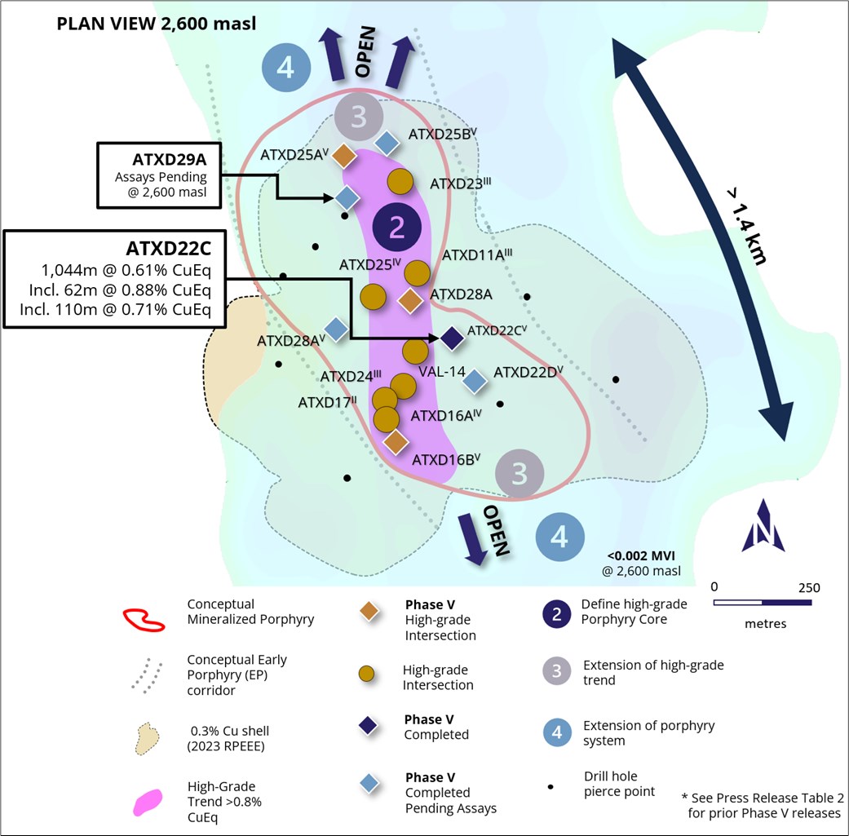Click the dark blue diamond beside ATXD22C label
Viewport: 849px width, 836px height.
452,338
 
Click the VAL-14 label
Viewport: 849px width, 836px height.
441,372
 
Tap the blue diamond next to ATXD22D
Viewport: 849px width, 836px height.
475,379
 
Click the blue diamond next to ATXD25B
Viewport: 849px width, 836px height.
386,144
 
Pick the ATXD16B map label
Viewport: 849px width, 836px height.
443,460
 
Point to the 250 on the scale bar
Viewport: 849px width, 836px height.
807,588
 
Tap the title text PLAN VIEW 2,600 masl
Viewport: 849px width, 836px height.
156,24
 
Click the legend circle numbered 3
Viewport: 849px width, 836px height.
556,672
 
